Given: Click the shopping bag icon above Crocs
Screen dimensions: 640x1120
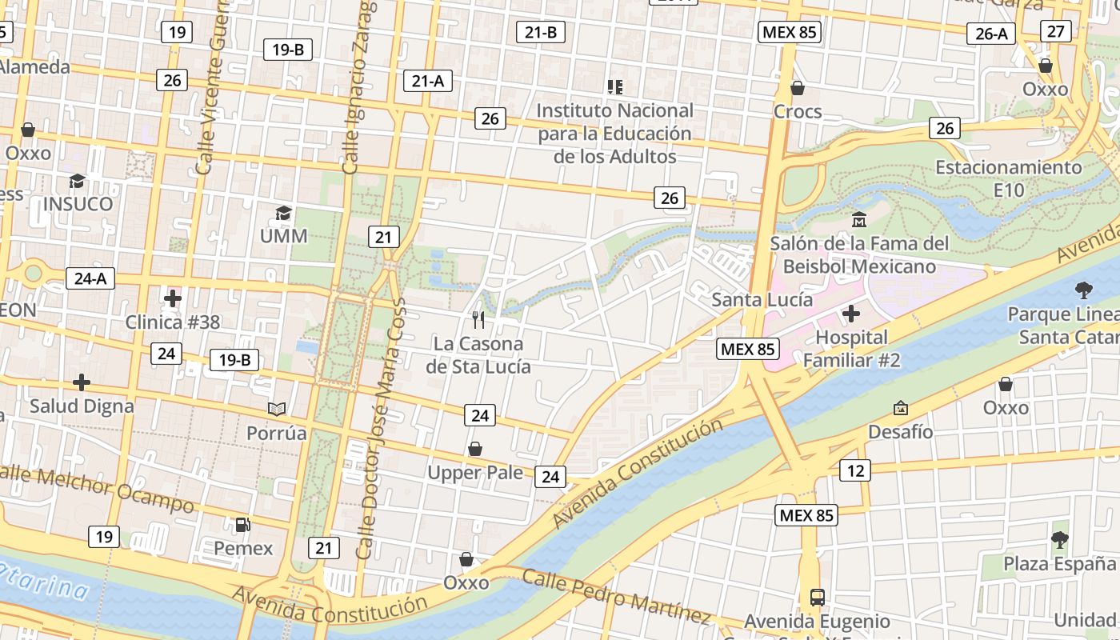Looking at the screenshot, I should pyautogui.click(x=797, y=87).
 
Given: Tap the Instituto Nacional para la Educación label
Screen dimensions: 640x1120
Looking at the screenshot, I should pyautogui.click(x=614, y=133).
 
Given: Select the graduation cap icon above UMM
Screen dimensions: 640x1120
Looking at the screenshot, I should pyautogui.click(x=283, y=213).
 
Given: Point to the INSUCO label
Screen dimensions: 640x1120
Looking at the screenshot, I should pyautogui.click(x=78, y=203).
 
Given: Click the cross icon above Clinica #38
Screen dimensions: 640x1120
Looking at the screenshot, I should pyautogui.click(x=172, y=299).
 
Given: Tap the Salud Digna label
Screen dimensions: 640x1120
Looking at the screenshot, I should pyautogui.click(x=82, y=406).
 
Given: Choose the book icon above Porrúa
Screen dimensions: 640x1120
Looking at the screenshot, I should pyautogui.click(x=277, y=410).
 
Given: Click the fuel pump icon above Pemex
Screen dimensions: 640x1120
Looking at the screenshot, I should pyautogui.click(x=242, y=525).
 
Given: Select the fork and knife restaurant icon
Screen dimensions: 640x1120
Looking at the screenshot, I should pyautogui.click(x=478, y=320).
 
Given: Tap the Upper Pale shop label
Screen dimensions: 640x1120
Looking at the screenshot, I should pyautogui.click(x=475, y=473).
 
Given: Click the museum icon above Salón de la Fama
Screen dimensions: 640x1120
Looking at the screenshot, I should pyautogui.click(x=859, y=219).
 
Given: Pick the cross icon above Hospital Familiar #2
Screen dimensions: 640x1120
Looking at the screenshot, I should pyautogui.click(x=851, y=314).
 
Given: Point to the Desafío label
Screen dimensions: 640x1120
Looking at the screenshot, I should pyautogui.click(x=901, y=431).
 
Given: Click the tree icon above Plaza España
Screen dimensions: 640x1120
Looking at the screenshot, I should pyautogui.click(x=1060, y=540).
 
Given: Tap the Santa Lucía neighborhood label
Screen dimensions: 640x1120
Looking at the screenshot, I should pyautogui.click(x=762, y=299).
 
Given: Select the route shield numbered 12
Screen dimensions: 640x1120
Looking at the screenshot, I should pyautogui.click(x=855, y=470).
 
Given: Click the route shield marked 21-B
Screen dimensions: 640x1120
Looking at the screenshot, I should pyautogui.click(x=541, y=32).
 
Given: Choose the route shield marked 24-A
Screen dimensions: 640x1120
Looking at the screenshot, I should pyautogui.click(x=90, y=278).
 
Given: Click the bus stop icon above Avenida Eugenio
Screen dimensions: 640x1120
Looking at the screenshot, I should pyautogui.click(x=818, y=597).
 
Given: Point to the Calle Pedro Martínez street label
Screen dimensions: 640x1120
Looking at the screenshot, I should pyautogui.click(x=616, y=596).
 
